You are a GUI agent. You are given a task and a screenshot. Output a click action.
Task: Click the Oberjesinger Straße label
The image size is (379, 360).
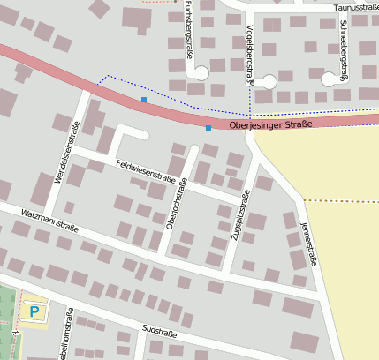point(270,125)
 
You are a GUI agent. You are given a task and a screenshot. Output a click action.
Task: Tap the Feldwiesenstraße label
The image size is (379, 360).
point(145,169)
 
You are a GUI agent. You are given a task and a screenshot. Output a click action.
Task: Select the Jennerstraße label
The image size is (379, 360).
point(309,243)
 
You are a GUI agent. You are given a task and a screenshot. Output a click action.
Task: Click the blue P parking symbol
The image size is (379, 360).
point(34,311)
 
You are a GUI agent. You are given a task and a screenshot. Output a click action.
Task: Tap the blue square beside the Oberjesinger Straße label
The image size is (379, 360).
point(208,128)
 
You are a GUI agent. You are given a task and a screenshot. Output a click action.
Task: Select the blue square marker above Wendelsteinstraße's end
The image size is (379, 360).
point(144,100)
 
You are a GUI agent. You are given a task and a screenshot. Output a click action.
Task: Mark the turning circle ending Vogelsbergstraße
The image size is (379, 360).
point(268,81)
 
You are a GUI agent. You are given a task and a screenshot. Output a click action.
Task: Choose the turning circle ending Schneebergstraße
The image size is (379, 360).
point(330,79)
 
